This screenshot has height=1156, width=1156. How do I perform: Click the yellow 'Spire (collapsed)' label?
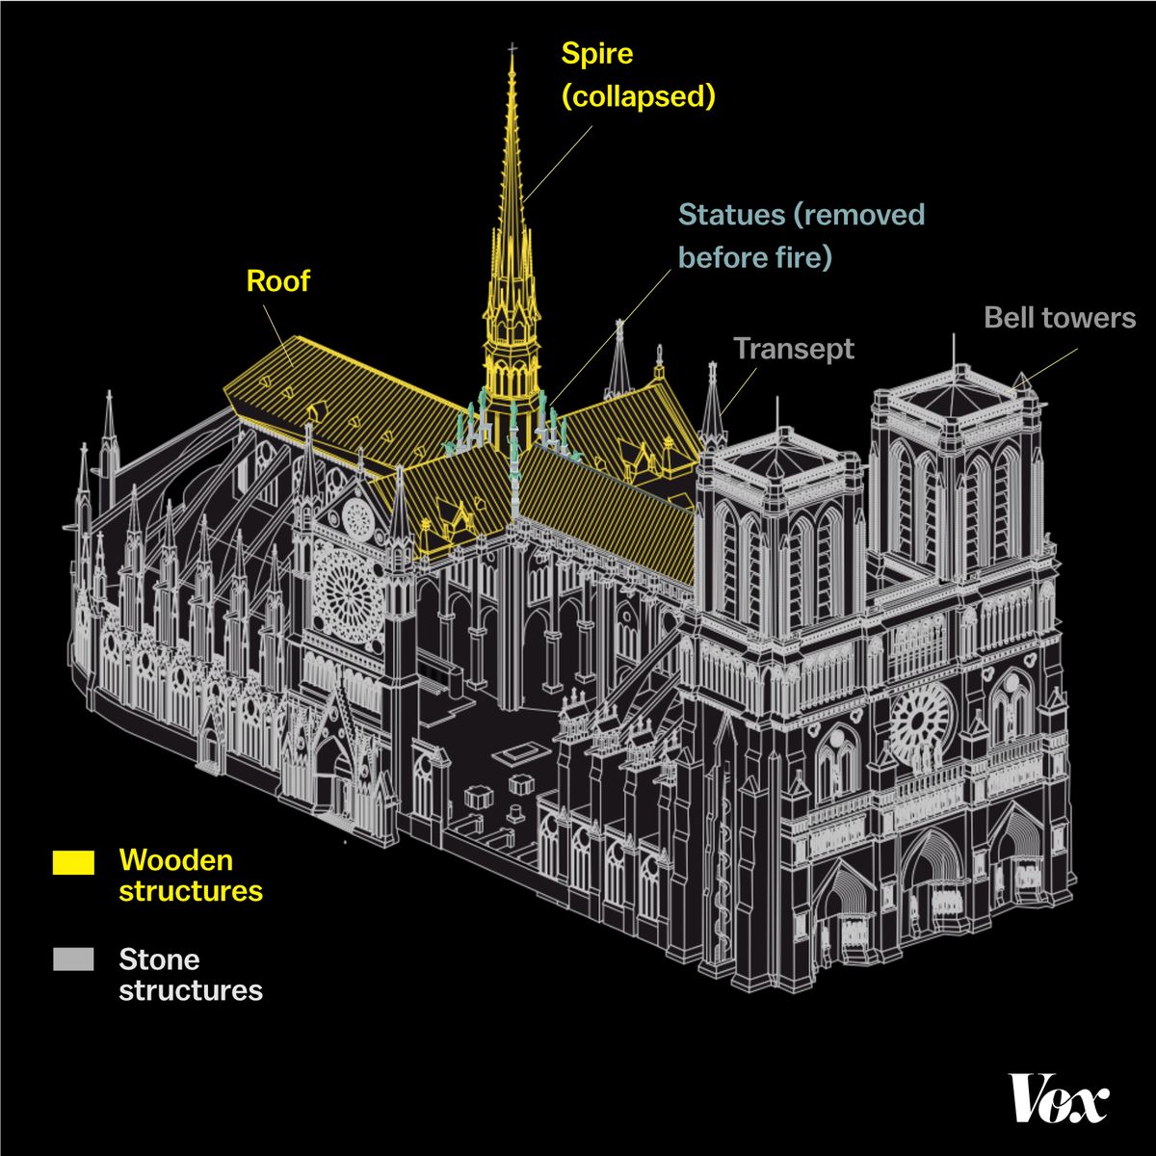pos(637,75)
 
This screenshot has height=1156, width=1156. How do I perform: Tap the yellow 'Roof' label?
pos(278,281)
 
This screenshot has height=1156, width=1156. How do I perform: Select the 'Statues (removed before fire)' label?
pos(801,235)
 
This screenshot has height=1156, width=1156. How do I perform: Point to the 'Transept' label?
pos(794,349)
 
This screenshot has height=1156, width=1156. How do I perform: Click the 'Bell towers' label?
pos(1060,318)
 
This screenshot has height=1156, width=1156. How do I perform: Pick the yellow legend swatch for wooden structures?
pos(73,861)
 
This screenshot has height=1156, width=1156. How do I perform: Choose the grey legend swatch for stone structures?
pos(73,959)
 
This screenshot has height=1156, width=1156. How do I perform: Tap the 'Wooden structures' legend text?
pos(190,875)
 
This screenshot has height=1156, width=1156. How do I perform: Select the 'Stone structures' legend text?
pos(190,975)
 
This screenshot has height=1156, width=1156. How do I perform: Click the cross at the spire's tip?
pos(512,49)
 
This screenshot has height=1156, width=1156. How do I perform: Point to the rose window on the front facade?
pos(920,722)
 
